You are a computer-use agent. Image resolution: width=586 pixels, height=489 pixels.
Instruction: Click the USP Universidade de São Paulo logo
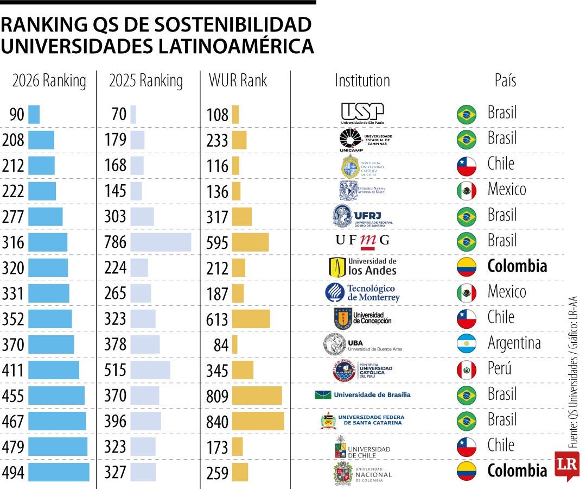(362, 114)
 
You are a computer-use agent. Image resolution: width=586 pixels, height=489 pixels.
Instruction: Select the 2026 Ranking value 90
(17, 115)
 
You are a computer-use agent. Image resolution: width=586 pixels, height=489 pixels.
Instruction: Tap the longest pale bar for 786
(161, 242)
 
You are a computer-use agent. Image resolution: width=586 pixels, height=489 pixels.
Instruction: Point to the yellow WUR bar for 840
(258, 422)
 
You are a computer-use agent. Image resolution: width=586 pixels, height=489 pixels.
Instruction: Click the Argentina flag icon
(466, 344)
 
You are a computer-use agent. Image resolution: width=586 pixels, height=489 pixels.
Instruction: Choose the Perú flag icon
(466, 370)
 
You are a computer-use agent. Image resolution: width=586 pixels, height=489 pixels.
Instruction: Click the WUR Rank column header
(238, 81)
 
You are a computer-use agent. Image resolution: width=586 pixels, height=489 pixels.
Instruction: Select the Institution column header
(362, 81)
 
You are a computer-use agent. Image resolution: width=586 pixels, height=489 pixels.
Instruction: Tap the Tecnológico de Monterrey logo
(362, 293)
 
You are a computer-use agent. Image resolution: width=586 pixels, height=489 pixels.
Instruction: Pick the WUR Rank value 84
(221, 345)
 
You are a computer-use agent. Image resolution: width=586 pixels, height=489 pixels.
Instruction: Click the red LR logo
(566, 465)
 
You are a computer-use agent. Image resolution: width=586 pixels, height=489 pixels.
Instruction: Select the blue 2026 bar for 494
(59, 472)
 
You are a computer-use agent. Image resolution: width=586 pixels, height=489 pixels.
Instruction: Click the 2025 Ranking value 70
(118, 115)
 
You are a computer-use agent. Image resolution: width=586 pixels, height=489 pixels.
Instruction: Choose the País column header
(505, 81)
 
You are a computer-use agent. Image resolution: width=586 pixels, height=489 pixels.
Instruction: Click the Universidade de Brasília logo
(362, 394)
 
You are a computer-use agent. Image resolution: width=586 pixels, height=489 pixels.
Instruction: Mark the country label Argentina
(514, 343)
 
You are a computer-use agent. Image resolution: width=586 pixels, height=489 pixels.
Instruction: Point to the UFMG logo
(362, 240)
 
